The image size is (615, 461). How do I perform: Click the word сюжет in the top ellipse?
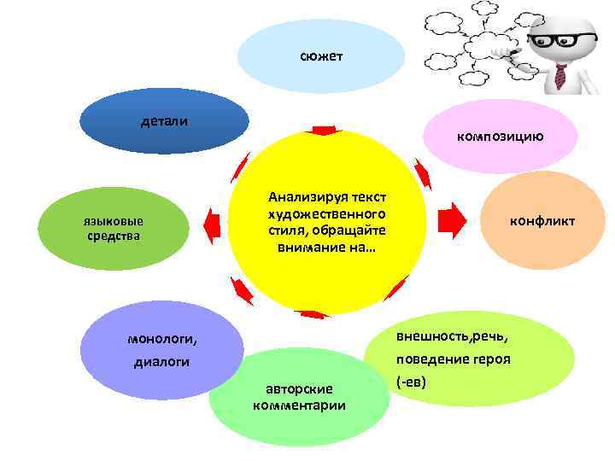coord(321,56)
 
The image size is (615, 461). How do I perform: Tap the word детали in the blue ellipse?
coord(164,121)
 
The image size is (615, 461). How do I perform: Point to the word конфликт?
coord(542,221)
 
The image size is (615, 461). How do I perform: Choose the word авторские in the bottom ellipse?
coord(300,388)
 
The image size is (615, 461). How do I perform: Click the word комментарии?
coord(300,405)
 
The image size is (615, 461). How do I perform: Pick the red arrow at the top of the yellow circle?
coord(325,130)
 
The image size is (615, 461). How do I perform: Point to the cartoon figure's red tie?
coord(560,76)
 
